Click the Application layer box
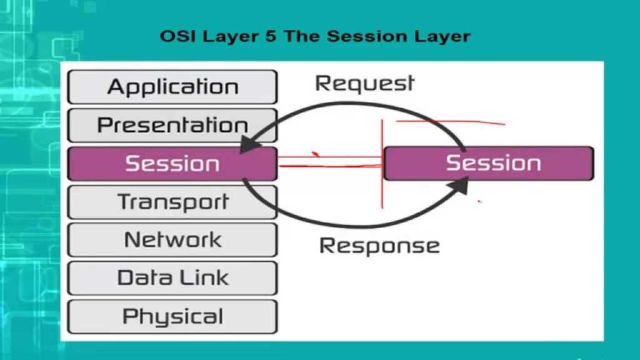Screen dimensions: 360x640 172,86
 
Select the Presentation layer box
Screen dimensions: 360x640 172,125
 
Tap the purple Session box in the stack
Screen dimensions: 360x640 172,164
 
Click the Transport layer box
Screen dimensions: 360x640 172,202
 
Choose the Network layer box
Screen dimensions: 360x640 172,240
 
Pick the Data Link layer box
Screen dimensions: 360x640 172,278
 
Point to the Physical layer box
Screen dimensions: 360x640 172,316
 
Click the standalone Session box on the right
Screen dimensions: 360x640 489,164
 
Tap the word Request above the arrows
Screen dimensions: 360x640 364,83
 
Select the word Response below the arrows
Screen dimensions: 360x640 379,246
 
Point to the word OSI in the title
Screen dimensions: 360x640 177,36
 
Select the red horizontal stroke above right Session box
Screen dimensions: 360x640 450,122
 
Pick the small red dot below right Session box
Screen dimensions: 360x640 479,201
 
